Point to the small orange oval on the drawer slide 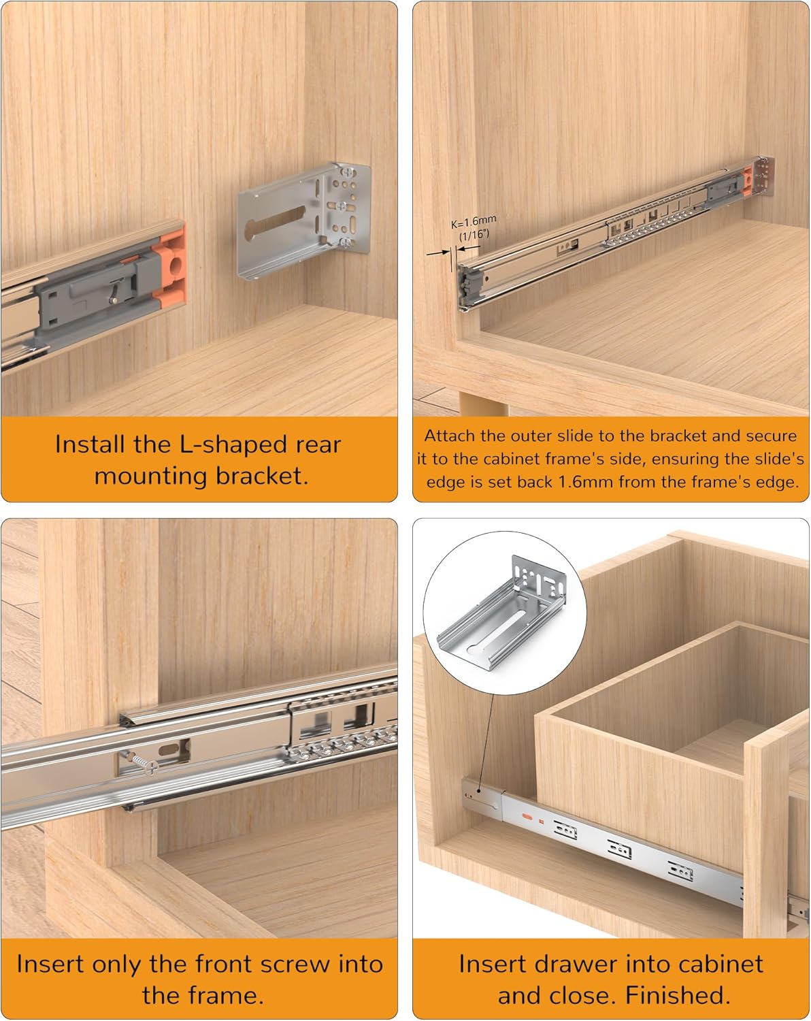[527, 815]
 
